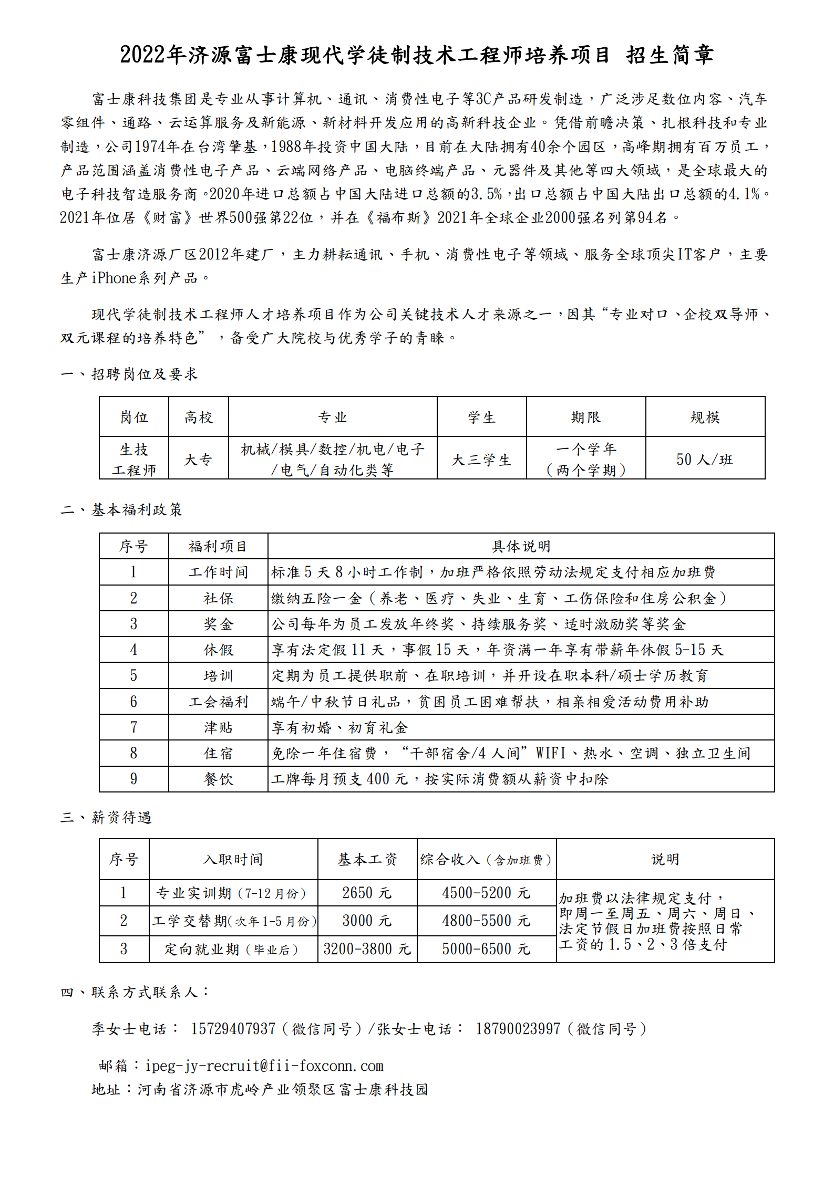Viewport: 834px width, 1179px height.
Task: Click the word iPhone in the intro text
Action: coord(114,278)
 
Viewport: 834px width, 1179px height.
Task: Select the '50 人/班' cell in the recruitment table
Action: coord(704,460)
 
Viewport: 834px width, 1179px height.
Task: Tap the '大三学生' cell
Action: coord(481,460)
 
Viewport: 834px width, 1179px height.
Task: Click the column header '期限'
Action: coord(585,417)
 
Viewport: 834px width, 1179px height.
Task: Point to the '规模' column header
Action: coord(705,417)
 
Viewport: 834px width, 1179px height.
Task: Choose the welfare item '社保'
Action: coord(218,598)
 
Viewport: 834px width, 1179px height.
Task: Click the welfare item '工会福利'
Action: coord(218,702)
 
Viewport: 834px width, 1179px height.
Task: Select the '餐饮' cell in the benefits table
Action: coord(218,779)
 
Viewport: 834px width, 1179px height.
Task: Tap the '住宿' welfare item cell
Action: coord(218,753)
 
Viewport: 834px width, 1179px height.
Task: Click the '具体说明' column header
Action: coord(521,546)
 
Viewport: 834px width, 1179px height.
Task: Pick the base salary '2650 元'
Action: coord(367,893)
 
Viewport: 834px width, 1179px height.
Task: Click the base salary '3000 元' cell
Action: coord(367,921)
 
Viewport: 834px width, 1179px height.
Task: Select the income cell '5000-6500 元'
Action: coord(486,949)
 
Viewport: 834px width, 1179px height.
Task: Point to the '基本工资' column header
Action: coord(367,859)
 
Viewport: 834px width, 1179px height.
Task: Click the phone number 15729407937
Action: coord(233,1028)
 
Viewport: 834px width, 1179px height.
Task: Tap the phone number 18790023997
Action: coord(518,1028)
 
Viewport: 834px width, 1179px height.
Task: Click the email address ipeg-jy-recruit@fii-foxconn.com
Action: coord(264,1066)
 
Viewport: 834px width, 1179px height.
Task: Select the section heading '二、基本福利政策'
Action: coord(121,509)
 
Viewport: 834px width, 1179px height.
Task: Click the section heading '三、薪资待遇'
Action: coord(106,817)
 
